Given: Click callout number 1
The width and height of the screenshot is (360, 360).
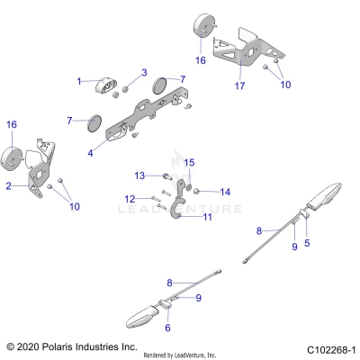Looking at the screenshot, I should [79, 82].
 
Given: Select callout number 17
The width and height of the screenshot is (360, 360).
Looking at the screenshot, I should [239, 85].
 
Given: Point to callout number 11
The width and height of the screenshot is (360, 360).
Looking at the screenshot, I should [207, 217].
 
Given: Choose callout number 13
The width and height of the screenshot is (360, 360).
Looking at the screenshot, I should [140, 174].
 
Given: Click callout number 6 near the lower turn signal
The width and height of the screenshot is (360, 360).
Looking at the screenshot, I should [167, 328].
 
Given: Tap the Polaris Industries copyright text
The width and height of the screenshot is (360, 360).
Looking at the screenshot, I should [72, 346].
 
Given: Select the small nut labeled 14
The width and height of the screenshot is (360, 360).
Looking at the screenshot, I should [197, 192].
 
